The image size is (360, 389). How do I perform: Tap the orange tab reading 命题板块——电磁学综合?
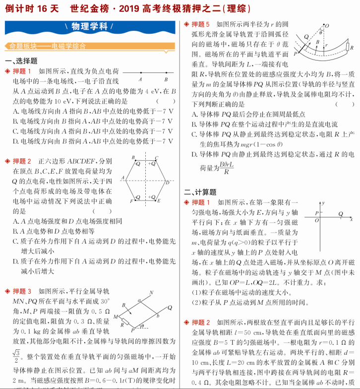[48, 46]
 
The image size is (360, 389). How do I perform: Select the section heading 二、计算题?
[200, 192]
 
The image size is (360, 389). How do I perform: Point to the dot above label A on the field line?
[141, 73]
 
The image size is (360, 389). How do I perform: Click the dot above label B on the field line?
[166, 73]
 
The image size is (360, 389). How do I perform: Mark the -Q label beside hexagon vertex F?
[138, 198]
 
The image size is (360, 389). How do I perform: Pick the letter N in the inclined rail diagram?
[151, 292]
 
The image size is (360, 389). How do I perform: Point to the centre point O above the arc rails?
[326, 25]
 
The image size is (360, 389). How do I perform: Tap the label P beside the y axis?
[316, 213]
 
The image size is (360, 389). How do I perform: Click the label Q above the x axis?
[341, 213]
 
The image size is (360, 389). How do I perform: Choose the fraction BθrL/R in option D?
[227, 168]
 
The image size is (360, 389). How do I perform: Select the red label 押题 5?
[200, 24]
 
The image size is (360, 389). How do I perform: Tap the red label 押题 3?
[22, 291]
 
